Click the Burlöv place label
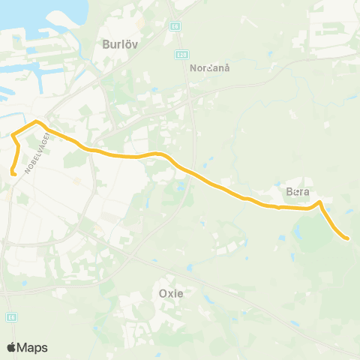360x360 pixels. tap(116, 44)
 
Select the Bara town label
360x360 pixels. tap(298, 192)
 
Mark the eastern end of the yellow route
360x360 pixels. tap(347, 238)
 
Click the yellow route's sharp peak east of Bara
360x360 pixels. tap(319, 202)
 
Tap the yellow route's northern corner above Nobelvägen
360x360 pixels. tap(36, 121)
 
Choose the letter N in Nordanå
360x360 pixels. tap(193, 67)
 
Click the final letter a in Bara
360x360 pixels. tap(306, 192)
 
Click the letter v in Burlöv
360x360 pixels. tap(130, 44)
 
